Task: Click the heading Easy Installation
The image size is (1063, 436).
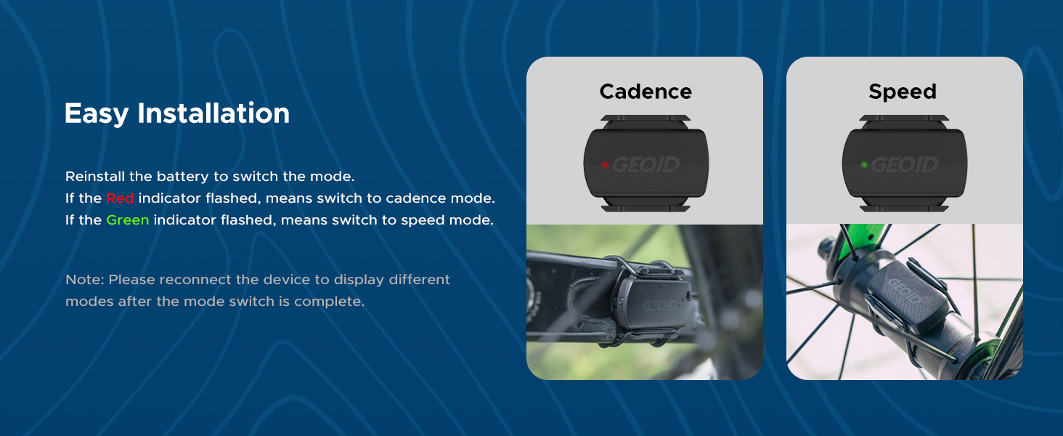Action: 176,113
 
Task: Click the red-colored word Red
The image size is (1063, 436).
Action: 120,198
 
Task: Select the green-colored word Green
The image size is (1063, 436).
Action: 127,220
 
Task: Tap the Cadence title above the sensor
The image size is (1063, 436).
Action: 645,92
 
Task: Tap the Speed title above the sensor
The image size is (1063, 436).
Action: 903,92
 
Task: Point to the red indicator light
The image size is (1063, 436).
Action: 604,165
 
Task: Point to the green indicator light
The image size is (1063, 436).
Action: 864,165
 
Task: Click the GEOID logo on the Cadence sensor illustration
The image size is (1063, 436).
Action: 646,165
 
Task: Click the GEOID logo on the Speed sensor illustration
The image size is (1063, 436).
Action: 905,165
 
